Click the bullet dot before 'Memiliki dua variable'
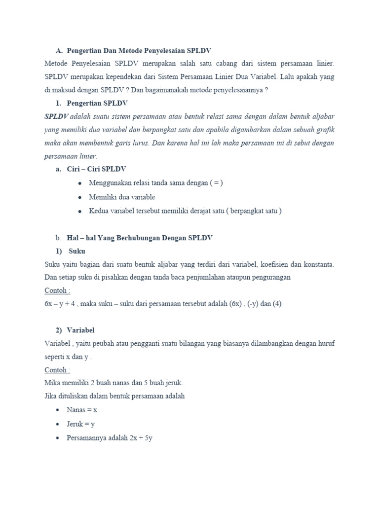[x=79, y=197]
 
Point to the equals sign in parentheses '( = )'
[x=216, y=183]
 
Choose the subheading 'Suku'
[x=77, y=251]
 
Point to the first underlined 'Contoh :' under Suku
[x=57, y=290]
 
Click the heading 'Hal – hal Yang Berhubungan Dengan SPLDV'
[x=140, y=238]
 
